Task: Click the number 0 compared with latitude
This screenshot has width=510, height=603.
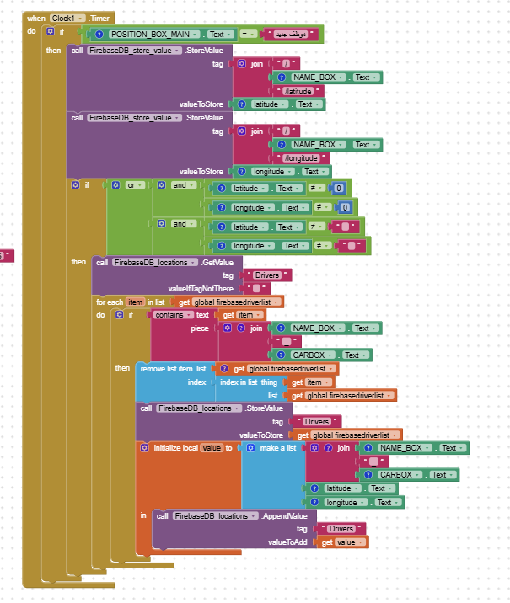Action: coord(339,189)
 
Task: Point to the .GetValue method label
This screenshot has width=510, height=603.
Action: coord(221,262)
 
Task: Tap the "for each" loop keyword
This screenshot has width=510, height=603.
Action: coord(110,301)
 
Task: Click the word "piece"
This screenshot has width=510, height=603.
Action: coord(200,328)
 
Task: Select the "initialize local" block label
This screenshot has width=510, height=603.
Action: coord(175,448)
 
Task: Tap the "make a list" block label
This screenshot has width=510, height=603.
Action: coord(277,448)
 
